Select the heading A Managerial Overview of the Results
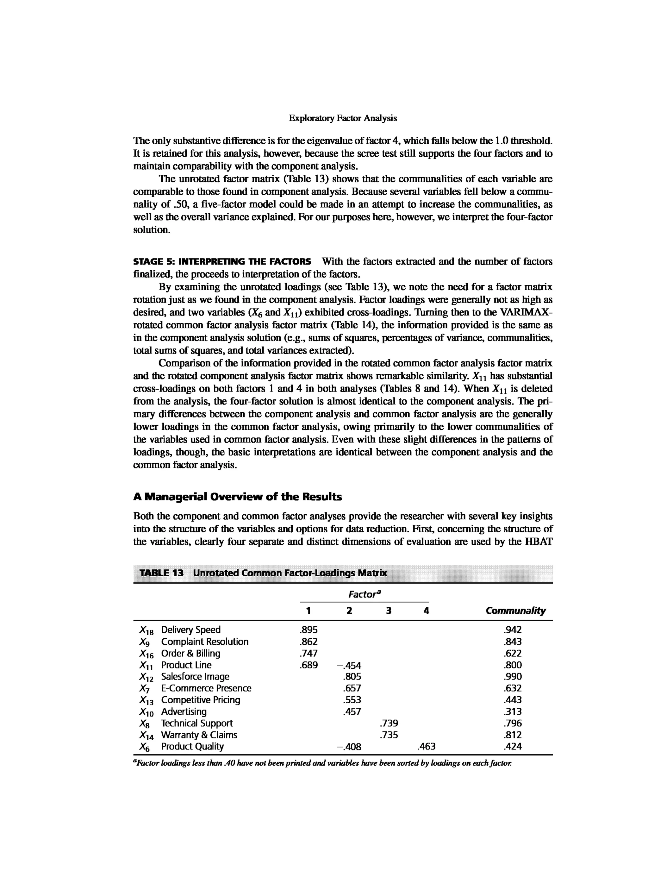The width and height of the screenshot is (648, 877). point(237,497)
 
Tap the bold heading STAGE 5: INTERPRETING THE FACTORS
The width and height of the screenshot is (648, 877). point(222,261)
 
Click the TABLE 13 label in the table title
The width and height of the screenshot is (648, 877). point(162,573)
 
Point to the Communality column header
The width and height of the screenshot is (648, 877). point(515,611)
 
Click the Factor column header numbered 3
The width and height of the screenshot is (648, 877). point(388,611)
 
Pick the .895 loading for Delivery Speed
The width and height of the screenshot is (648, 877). point(308,630)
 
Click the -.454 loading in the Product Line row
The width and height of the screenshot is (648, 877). point(349,665)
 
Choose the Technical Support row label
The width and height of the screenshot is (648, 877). point(196,723)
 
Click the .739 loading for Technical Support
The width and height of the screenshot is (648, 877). point(389,723)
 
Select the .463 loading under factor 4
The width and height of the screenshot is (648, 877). point(427,746)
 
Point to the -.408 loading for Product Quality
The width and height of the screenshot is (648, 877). point(349,747)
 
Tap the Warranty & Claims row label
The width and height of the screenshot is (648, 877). point(199,735)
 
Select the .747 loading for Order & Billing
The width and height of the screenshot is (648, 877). point(308,653)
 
